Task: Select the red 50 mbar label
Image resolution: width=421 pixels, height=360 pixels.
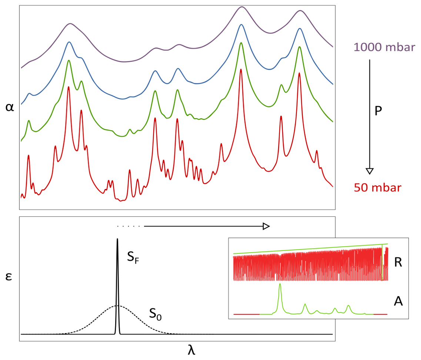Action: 377,188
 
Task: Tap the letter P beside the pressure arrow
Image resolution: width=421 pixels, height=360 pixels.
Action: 378,111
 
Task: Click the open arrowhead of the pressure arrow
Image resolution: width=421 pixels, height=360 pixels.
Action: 369,171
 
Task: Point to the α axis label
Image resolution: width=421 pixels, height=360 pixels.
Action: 10,107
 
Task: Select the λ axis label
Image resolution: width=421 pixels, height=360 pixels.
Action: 191,350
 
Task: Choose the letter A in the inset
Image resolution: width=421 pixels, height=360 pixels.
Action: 398,302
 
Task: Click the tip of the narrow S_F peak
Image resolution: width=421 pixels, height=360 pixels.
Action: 117,239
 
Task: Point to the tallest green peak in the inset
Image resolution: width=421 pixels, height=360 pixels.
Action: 280,284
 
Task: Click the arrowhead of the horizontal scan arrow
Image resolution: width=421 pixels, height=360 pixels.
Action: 266,226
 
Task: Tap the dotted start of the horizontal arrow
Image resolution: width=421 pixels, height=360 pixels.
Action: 128,226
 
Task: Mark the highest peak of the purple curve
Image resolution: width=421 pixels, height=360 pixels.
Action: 242,7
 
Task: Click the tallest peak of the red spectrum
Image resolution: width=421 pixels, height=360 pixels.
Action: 241,69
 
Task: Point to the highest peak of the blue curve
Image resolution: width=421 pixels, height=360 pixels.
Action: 241,25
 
